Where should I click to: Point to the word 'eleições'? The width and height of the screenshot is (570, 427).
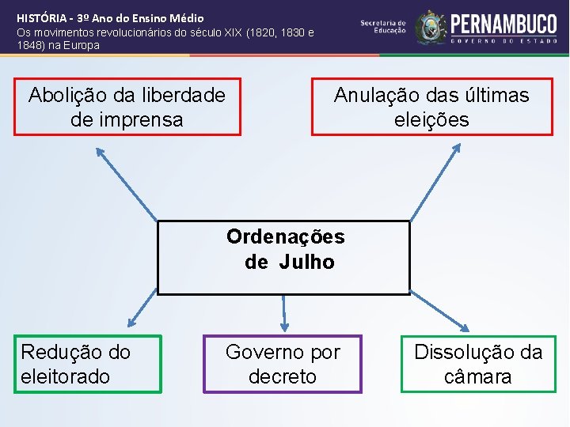click(x=431, y=119)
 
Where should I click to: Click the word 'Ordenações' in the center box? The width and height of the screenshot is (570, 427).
click(x=285, y=236)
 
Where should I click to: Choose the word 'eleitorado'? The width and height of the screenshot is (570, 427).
click(x=66, y=376)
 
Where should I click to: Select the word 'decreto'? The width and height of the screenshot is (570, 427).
click(x=283, y=376)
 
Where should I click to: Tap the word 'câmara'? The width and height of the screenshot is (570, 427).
click(x=478, y=376)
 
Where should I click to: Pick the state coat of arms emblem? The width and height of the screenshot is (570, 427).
click(x=431, y=28)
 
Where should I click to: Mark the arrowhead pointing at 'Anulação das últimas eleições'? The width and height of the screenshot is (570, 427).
click(x=458, y=148)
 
